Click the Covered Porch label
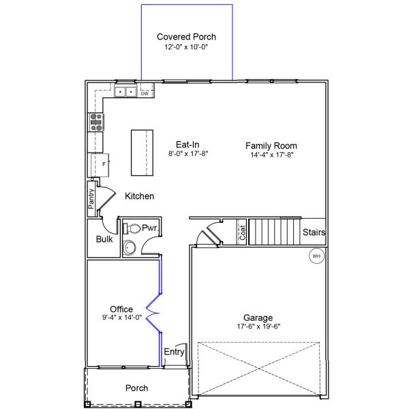pyautogui.click(x=186, y=37)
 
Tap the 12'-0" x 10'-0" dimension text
pyautogui.click(x=186, y=48)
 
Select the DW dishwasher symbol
pyautogui.click(x=145, y=93)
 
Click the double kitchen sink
pyautogui.click(x=125, y=91)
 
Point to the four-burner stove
pyautogui.click(x=96, y=122)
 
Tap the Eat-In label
pyautogui.click(x=187, y=145)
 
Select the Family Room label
pyautogui.click(x=271, y=145)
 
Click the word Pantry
pyautogui.click(x=91, y=200)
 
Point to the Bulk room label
pyautogui.click(x=104, y=239)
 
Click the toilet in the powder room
pyautogui.click(x=132, y=228)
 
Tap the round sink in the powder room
pyautogui.click(x=130, y=247)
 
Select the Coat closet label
pyautogui.click(x=241, y=233)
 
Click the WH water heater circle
pyautogui.click(x=316, y=256)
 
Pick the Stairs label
pyautogui.click(x=314, y=232)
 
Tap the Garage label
pyautogui.click(x=258, y=318)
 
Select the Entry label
pyautogui.click(x=175, y=352)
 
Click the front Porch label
pyautogui.click(x=136, y=388)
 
